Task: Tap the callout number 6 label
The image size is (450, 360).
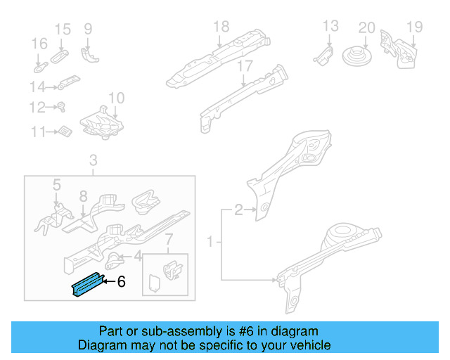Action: pyautogui.click(x=121, y=282)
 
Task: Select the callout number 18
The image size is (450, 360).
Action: pyautogui.click(x=221, y=27)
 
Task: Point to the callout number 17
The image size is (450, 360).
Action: pyautogui.click(x=244, y=67)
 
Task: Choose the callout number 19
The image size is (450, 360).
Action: pyautogui.click(x=414, y=27)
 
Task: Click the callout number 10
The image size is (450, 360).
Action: pyautogui.click(x=116, y=98)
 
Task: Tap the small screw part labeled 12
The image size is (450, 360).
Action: pyautogui.click(x=61, y=108)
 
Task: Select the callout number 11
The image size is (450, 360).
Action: pyautogui.click(x=37, y=131)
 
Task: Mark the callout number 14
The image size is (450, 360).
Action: pyautogui.click(x=37, y=87)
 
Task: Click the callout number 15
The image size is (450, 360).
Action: pyautogui.click(x=63, y=29)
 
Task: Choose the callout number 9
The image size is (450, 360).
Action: pyautogui.click(x=88, y=29)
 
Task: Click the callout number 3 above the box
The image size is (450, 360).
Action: pyautogui.click(x=93, y=162)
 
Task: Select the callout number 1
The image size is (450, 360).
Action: pyautogui.click(x=209, y=243)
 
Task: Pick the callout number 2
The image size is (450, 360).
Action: pyautogui.click(x=238, y=209)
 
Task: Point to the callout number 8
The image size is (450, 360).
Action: pyautogui.click(x=82, y=196)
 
